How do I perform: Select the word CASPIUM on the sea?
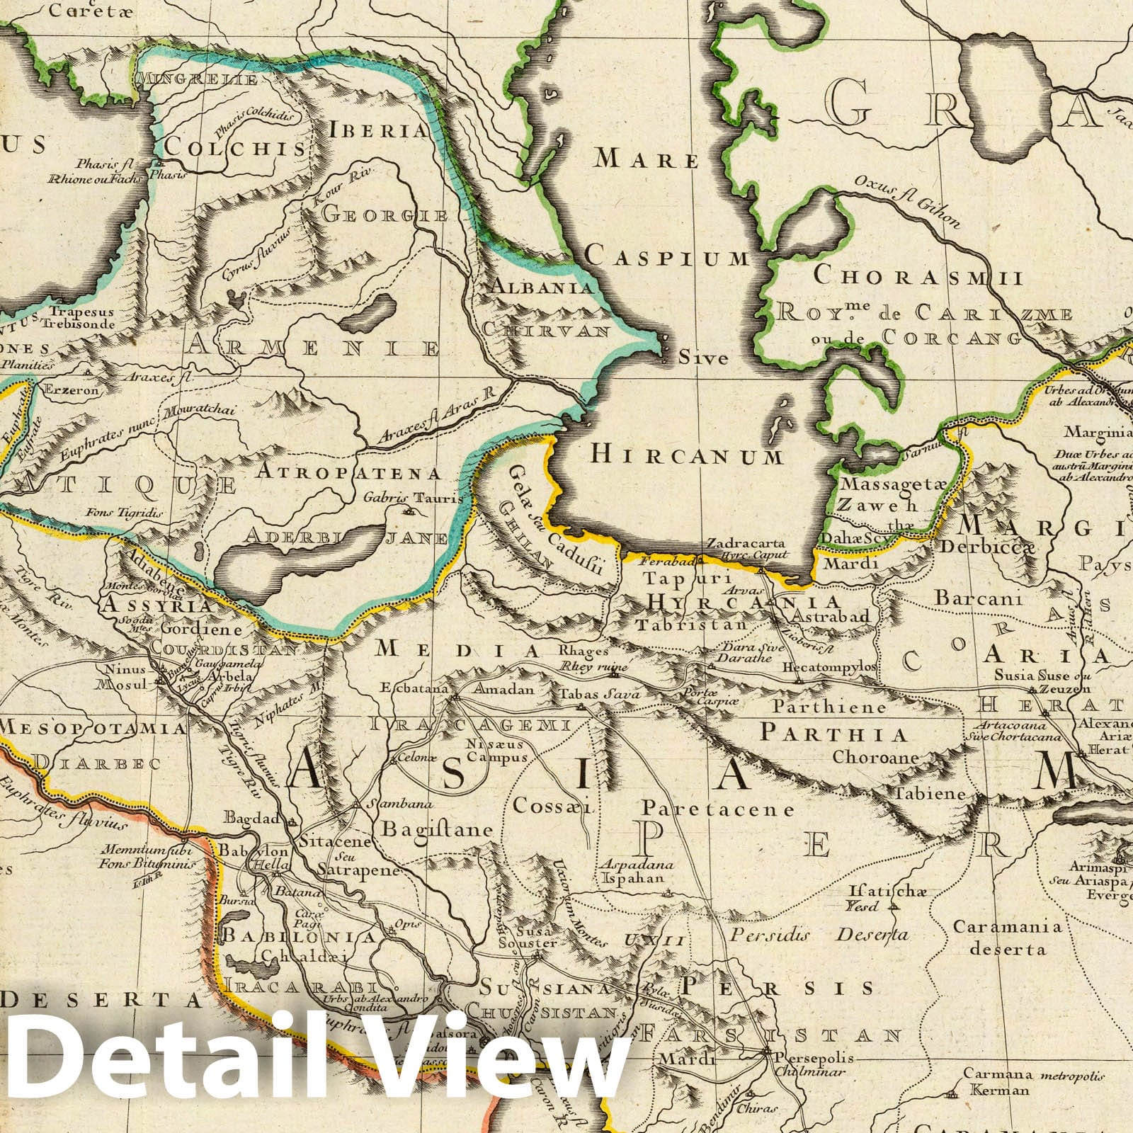(x=667, y=258)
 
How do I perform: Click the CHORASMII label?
(x=918, y=276)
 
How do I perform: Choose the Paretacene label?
(x=718, y=808)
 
